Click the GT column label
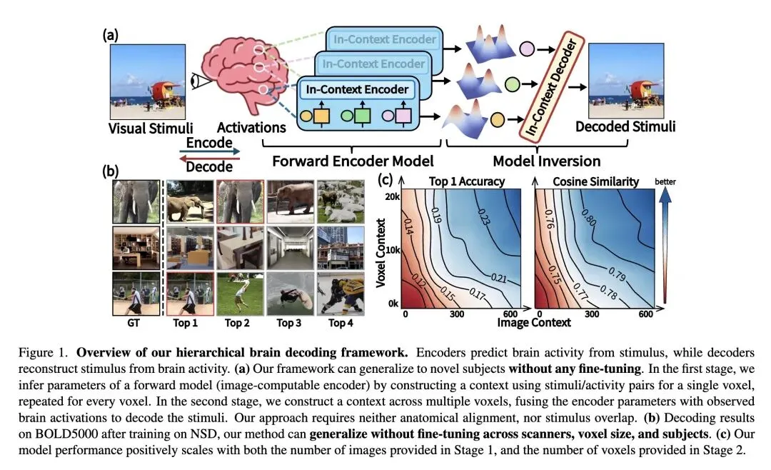click(x=133, y=323)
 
